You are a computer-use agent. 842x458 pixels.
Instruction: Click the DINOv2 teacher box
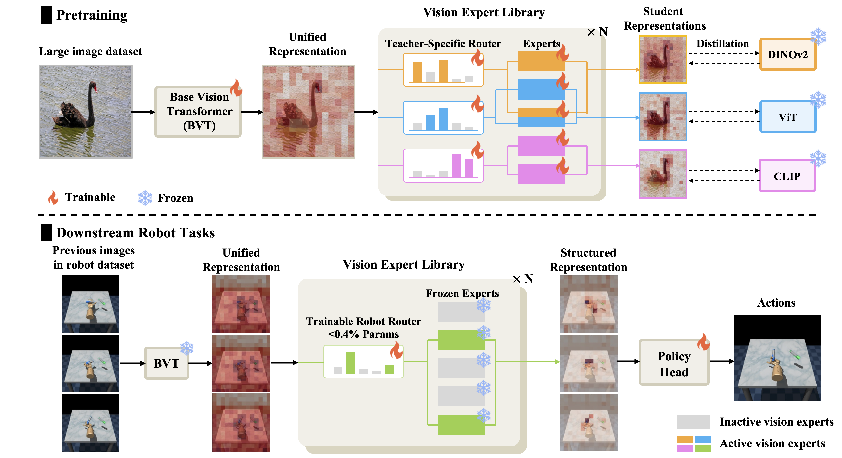point(787,54)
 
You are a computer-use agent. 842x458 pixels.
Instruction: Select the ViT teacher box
point(787,117)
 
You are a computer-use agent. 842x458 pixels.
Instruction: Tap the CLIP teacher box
point(787,176)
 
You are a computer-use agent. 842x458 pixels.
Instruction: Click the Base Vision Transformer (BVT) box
point(198,112)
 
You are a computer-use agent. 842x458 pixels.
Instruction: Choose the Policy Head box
point(674,363)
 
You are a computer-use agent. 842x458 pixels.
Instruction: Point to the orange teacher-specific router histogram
point(443,70)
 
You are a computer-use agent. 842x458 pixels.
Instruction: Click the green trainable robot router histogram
point(363,362)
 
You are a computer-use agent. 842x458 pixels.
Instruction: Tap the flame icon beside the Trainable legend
point(53,198)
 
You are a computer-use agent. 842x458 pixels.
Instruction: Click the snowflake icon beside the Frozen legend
point(145,198)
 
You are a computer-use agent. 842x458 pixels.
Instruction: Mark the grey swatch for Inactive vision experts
point(693,422)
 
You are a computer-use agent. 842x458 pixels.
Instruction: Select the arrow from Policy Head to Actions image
point(721,361)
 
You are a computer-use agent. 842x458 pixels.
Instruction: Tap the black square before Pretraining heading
point(46,15)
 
